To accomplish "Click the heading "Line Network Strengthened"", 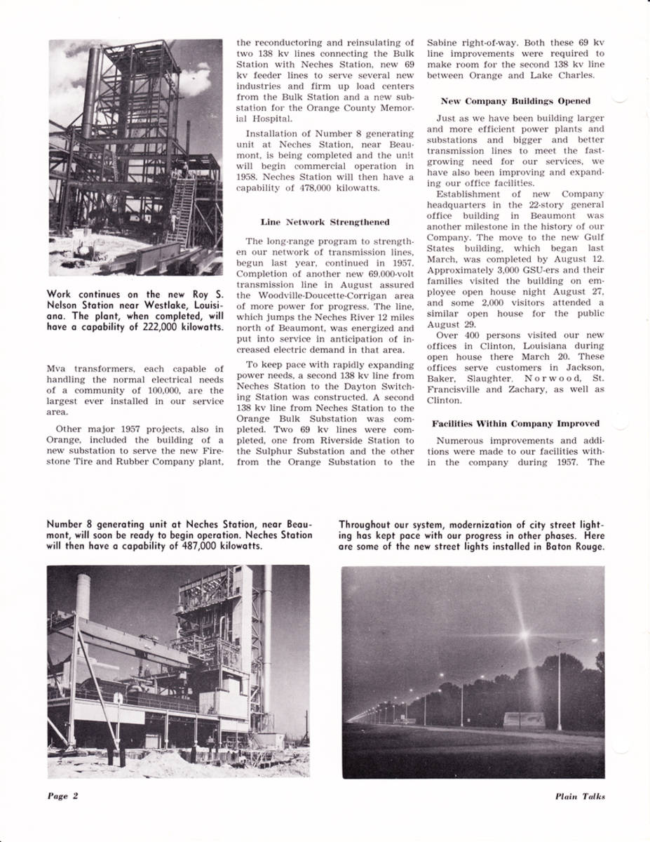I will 325,222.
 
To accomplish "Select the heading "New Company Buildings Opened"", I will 515,101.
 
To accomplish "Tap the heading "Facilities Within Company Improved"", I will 515,424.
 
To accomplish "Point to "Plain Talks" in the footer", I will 580,796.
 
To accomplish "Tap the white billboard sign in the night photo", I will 524,719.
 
